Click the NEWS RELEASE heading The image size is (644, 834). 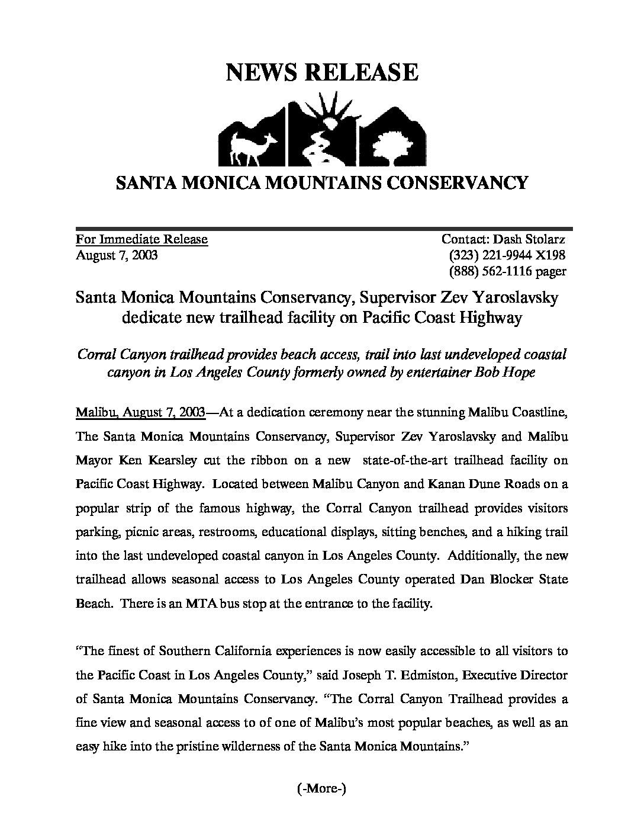tap(322, 72)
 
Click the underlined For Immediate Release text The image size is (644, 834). tap(141, 239)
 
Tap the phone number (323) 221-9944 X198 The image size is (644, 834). tap(507, 255)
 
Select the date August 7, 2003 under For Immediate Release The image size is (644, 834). tap(117, 255)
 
